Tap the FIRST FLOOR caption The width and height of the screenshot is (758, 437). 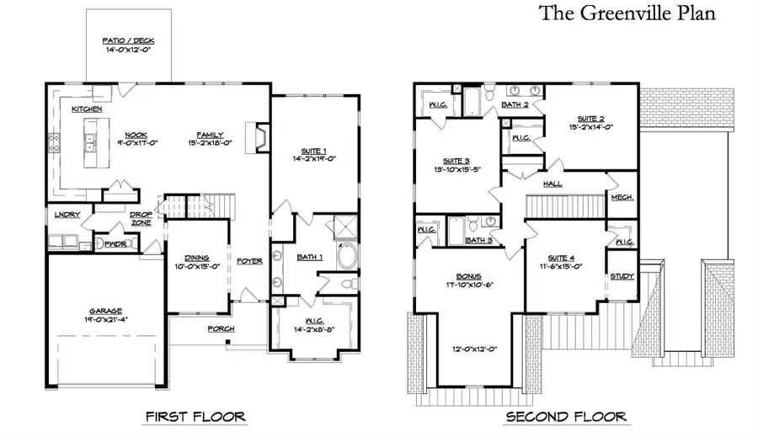(x=195, y=416)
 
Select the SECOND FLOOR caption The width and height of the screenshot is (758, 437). (x=565, y=416)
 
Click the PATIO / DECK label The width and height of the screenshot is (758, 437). (x=128, y=41)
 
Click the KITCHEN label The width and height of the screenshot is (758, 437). (x=87, y=109)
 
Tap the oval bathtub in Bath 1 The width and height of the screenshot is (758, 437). (x=346, y=256)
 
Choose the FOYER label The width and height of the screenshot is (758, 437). (x=249, y=260)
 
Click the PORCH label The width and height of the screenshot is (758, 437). (x=221, y=328)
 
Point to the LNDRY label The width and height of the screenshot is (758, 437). (x=67, y=215)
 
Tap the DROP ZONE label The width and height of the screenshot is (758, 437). (x=141, y=218)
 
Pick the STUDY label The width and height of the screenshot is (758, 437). (x=622, y=275)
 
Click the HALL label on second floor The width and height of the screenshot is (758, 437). (x=552, y=184)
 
